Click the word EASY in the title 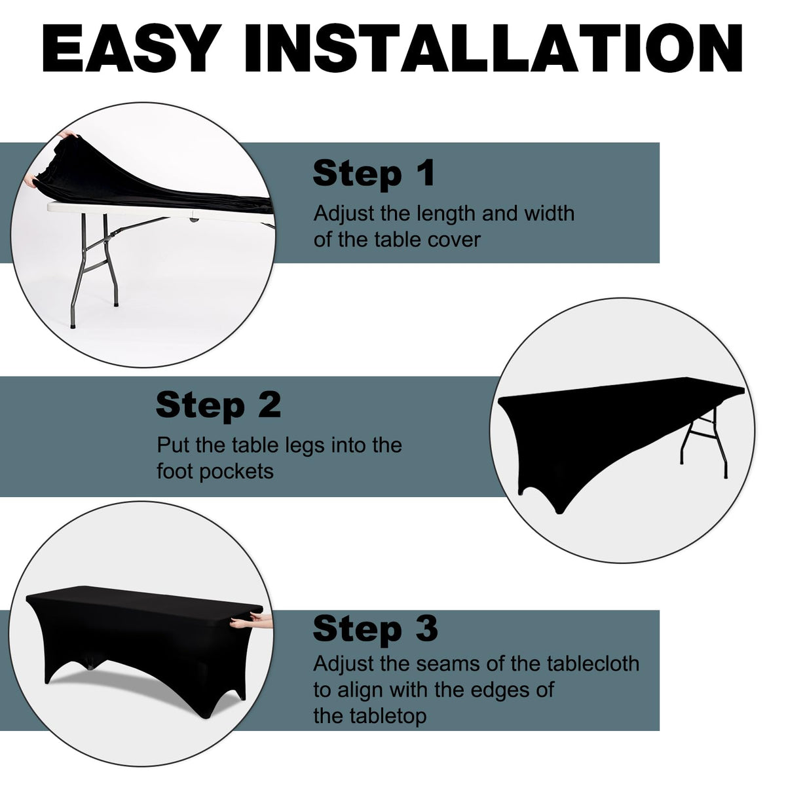(x=129, y=48)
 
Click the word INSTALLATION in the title (x=493, y=48)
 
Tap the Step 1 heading (x=373, y=174)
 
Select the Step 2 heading (x=218, y=405)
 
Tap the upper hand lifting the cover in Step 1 (x=67, y=134)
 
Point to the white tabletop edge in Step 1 (x=159, y=213)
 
